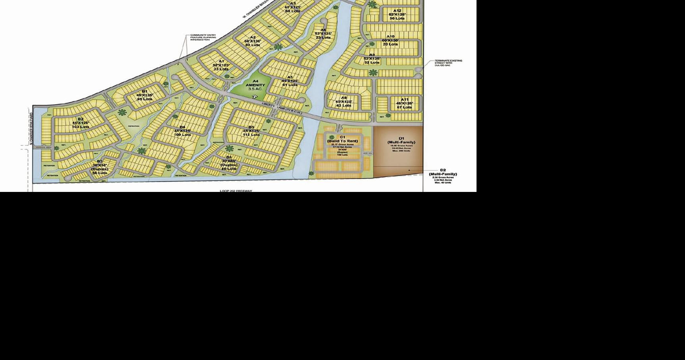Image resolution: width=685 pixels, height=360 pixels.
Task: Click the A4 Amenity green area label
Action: click(x=255, y=85)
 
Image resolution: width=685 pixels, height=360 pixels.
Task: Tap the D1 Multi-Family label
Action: click(x=401, y=140)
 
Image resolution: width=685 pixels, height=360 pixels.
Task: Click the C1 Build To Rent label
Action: click(x=342, y=139)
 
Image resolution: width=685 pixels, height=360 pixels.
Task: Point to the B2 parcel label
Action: click(x=80, y=123)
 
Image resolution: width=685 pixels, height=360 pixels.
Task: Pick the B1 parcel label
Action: click(x=145, y=95)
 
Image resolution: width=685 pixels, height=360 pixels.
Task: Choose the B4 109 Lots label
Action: click(x=182, y=131)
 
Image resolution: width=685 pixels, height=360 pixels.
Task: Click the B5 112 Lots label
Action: click(x=251, y=131)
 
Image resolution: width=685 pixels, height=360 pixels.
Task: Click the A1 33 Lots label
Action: click(x=221, y=65)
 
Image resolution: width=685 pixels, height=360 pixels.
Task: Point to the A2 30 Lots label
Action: click(x=253, y=41)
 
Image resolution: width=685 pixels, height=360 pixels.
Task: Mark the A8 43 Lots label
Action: click(x=343, y=101)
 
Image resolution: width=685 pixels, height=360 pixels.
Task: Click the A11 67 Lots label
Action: click(x=404, y=103)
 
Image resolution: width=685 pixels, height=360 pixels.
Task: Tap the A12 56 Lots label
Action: click(x=397, y=14)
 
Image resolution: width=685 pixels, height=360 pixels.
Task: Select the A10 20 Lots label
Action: click(x=390, y=41)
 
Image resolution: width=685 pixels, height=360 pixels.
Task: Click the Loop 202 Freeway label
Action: click(x=236, y=191)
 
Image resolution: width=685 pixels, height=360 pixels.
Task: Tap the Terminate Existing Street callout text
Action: click(x=448, y=63)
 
